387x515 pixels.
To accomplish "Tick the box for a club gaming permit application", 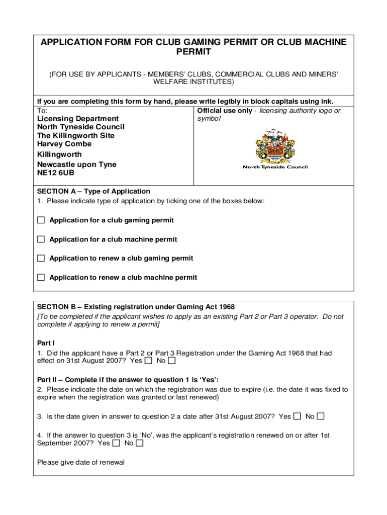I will pos(41,220).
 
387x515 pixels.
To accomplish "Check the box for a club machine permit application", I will pos(41,239).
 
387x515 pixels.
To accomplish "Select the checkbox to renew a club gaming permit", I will pos(41,258).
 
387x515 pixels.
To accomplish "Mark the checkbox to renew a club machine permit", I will pos(41,277).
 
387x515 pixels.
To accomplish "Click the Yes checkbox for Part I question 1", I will pos(148,361).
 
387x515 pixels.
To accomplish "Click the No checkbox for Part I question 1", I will pos(172,361).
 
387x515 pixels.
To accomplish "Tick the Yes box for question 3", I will pos(297,416).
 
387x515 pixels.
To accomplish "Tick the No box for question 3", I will pos(321,416).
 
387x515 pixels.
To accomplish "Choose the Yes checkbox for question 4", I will pos(116,443).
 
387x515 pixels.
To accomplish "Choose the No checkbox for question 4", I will pos(140,443).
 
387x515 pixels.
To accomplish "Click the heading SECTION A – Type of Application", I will pos(93,191).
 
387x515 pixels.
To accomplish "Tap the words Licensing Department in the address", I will pos(71,119).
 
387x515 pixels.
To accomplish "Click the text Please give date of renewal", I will pos(81,462).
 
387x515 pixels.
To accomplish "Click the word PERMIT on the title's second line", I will pos(193,52).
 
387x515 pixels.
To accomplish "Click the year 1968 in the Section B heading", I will pos(225,307).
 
